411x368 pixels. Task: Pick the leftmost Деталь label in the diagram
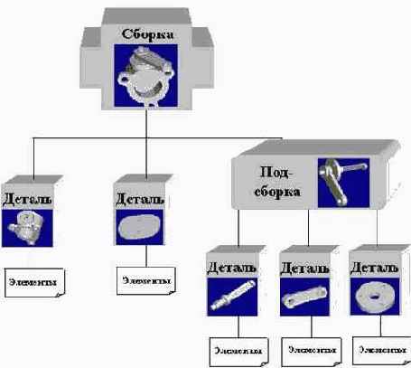point(27,197)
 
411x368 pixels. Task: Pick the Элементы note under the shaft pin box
point(238,349)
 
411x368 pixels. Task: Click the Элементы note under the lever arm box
point(310,349)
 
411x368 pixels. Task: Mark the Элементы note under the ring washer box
point(380,349)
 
